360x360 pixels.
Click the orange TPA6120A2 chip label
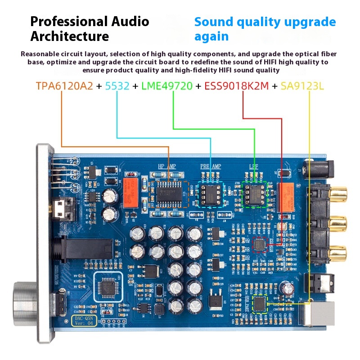coord(65,86)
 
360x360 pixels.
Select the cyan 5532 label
coord(117,86)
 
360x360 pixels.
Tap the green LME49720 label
coord(167,86)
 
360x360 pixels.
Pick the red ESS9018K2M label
coord(236,86)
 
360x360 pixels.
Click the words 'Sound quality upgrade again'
coord(265,28)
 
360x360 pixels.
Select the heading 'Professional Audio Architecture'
coord(89,28)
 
